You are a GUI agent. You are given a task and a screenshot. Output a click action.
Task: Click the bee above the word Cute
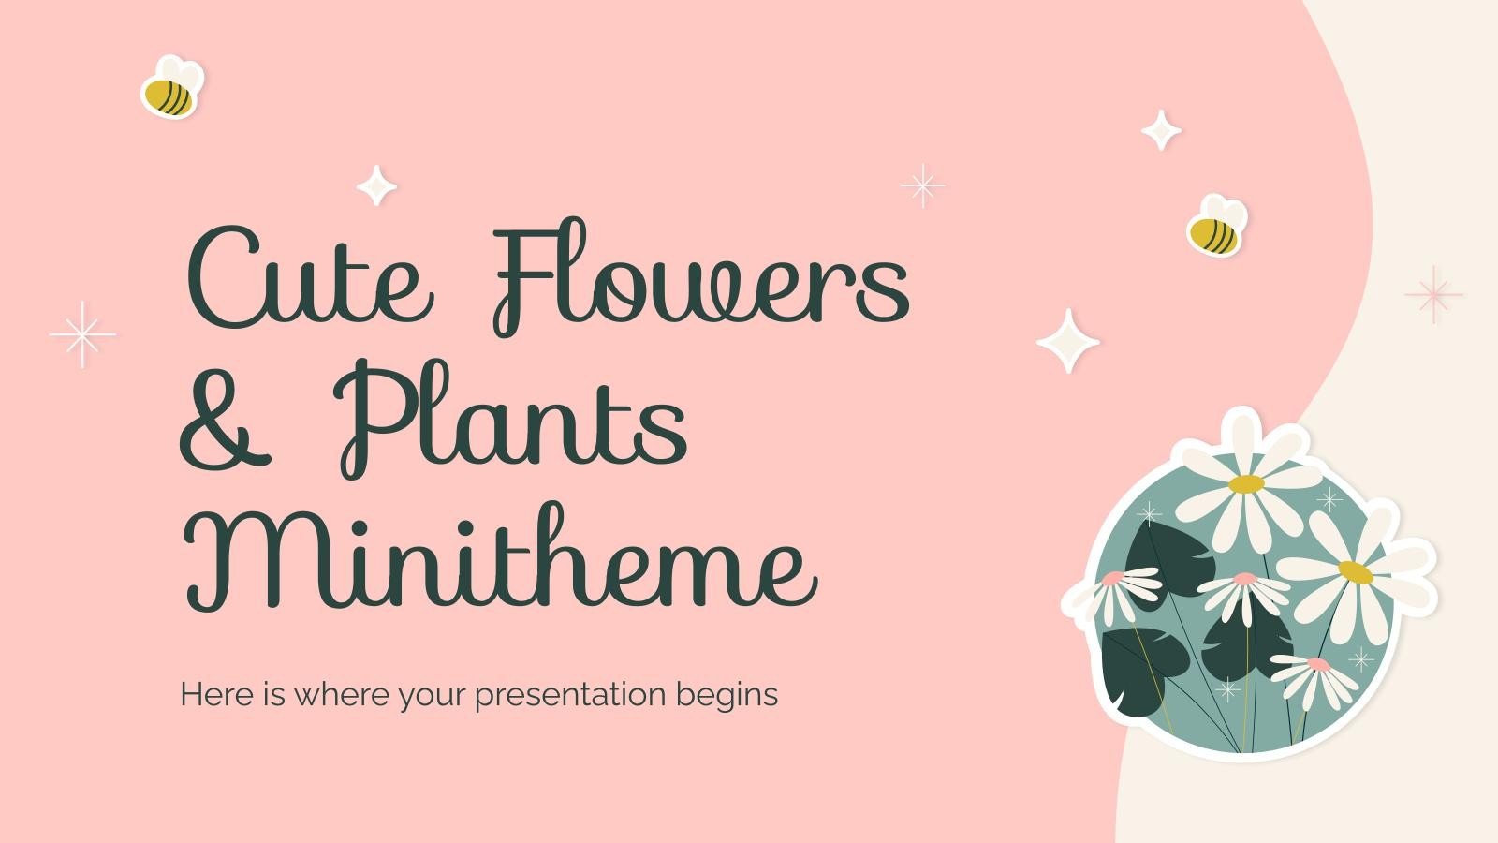click(x=171, y=89)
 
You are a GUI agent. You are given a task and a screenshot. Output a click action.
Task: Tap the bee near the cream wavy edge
click(x=1216, y=227)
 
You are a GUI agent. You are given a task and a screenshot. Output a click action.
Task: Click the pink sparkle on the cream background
click(x=1433, y=294)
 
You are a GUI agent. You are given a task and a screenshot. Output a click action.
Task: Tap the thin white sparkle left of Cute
click(x=82, y=334)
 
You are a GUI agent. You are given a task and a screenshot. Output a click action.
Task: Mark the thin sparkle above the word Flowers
click(x=922, y=186)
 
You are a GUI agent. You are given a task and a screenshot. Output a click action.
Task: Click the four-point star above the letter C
click(x=376, y=185)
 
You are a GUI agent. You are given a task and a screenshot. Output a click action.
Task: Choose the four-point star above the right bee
click(x=1161, y=130)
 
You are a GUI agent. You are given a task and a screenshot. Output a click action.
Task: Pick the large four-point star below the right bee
click(x=1068, y=341)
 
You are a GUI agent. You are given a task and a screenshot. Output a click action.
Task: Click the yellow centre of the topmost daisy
click(x=1246, y=484)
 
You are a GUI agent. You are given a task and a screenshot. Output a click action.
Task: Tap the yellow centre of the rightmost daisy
click(x=1355, y=571)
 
